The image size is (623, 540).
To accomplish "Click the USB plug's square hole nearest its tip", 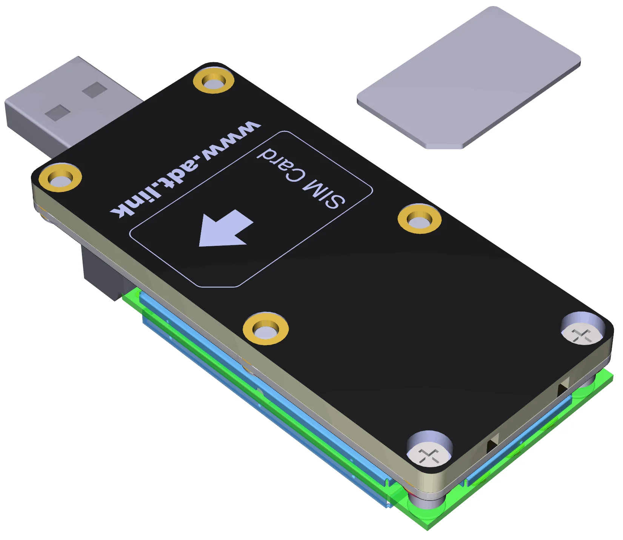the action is [x=58, y=112].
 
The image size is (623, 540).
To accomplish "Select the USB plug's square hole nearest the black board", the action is [x=95, y=90].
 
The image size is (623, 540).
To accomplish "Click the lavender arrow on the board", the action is [x=225, y=229].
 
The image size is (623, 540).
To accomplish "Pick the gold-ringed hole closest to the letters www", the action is [x=214, y=80].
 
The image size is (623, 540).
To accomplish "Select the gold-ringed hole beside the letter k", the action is [x=60, y=177].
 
